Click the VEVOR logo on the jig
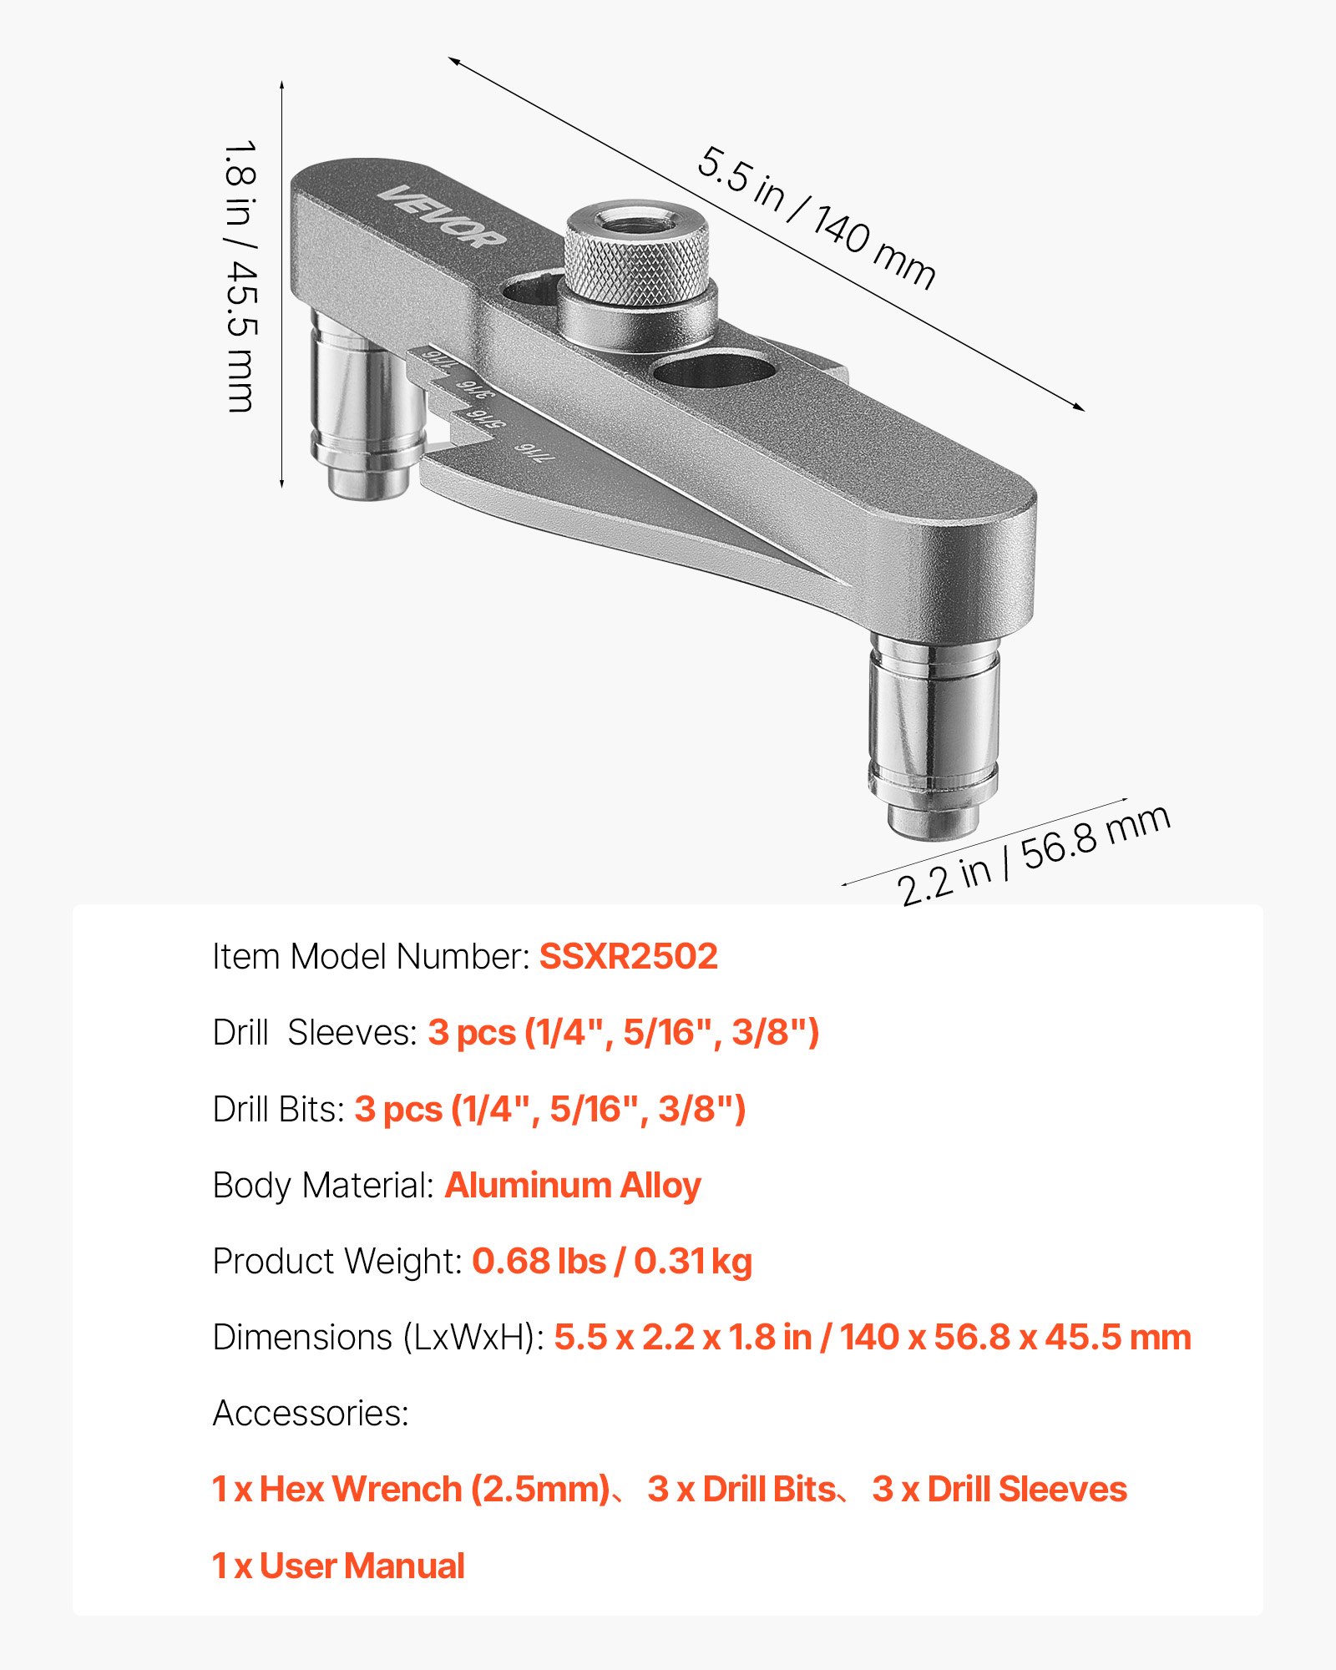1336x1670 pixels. (x=443, y=216)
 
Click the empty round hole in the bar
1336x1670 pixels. (x=713, y=368)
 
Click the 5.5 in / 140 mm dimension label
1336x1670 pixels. (x=816, y=218)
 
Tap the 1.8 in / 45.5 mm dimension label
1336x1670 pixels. (x=241, y=276)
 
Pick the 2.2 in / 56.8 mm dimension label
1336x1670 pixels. (x=1034, y=855)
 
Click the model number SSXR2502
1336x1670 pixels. (x=628, y=957)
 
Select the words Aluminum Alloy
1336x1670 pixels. (x=573, y=1186)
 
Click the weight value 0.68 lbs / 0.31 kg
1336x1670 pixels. (x=612, y=1262)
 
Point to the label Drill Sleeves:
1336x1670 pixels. (x=315, y=1033)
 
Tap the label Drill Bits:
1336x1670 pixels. (x=278, y=1110)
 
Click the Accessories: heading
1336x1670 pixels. (x=311, y=1414)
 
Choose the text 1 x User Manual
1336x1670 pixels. (x=338, y=1566)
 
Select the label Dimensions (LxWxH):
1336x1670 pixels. (x=378, y=1338)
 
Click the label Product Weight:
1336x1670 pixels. (x=337, y=1262)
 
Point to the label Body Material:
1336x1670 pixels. (x=323, y=1186)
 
